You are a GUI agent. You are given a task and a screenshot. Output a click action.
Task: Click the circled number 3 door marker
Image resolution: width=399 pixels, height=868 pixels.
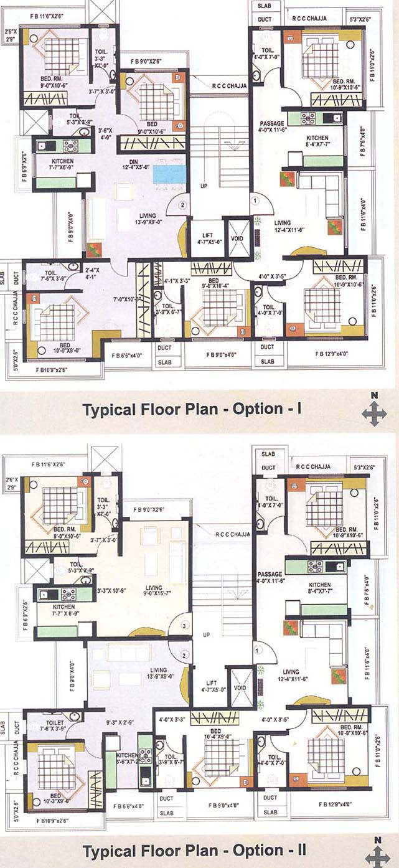[x=185, y=626]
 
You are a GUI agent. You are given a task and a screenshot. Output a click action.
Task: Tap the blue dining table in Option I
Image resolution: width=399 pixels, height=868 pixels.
[x=169, y=174]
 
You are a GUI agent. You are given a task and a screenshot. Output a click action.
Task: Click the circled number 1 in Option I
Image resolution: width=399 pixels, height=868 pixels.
[x=255, y=200]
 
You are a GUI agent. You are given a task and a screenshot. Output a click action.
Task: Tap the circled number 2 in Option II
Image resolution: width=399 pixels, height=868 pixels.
[x=185, y=655]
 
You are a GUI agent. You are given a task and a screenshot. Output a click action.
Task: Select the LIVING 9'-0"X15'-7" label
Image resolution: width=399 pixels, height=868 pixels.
[x=153, y=592]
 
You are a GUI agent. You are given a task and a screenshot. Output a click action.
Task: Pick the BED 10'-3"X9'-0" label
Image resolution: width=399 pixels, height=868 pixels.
[x=55, y=799]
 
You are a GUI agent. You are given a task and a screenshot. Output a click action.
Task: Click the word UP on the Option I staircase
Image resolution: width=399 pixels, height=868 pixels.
[x=204, y=186]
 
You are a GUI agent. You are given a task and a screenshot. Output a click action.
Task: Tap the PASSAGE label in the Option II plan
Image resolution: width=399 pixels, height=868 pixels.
[x=270, y=577]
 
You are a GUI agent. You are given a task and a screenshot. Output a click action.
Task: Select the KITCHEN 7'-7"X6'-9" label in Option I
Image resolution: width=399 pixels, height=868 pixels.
[x=62, y=164]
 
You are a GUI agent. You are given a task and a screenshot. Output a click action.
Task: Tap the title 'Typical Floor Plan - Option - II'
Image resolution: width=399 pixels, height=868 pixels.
[x=194, y=851]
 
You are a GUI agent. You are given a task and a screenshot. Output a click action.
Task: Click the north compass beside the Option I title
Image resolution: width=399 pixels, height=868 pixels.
[x=374, y=411]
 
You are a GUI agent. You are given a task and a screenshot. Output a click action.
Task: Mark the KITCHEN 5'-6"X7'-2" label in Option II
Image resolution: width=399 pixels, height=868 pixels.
[x=127, y=758]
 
